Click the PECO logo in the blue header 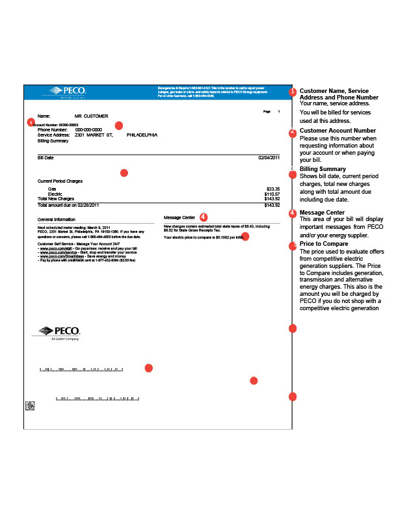coord(64,90)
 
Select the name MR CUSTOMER coord(90,115)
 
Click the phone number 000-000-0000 coord(88,129)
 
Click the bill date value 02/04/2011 coord(269,157)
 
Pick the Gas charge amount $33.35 coord(273,189)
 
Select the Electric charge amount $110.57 coord(272,194)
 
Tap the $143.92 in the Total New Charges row coord(272,198)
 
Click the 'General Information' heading coord(56,220)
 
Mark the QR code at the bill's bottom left coord(29,406)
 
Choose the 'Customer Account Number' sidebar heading coord(337,131)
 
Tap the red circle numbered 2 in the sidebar coord(293,132)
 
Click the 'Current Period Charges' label coord(60,181)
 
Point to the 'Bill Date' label coord(46,157)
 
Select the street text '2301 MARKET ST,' coord(94,135)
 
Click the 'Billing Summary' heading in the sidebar coord(323,169)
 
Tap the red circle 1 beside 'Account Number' coord(30,122)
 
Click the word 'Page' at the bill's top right coord(267,112)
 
